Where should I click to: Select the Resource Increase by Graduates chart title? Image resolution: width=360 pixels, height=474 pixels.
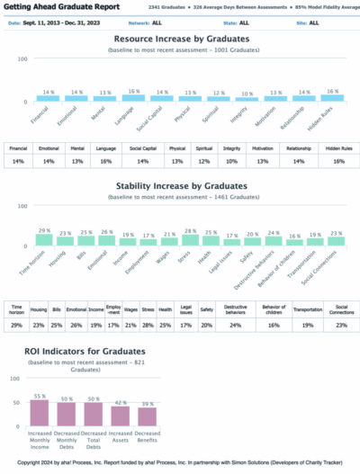180,40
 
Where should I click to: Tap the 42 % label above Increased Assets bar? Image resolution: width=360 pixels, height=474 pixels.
120,401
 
